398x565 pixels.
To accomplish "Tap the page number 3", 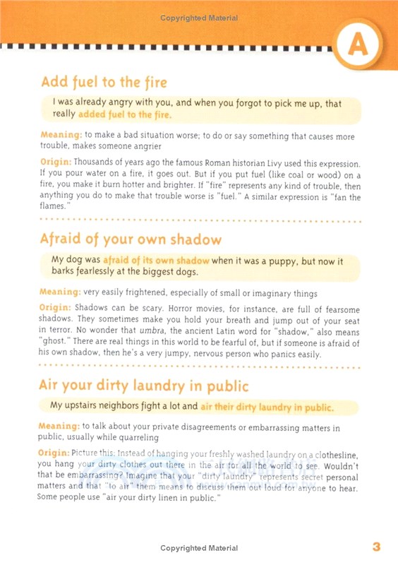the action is click(x=376, y=547).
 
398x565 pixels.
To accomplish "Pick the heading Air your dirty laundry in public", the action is click(x=145, y=386).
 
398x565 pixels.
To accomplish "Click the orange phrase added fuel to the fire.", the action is click(x=125, y=114).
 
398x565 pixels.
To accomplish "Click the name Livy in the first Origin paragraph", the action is click(x=265, y=162).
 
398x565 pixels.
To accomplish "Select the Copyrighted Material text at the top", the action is click(x=199, y=18).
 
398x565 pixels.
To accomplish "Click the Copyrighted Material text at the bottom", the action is click(x=199, y=547).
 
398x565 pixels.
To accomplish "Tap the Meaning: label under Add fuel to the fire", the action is click(x=60, y=136).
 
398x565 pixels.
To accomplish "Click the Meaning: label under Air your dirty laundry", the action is click(x=60, y=427).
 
